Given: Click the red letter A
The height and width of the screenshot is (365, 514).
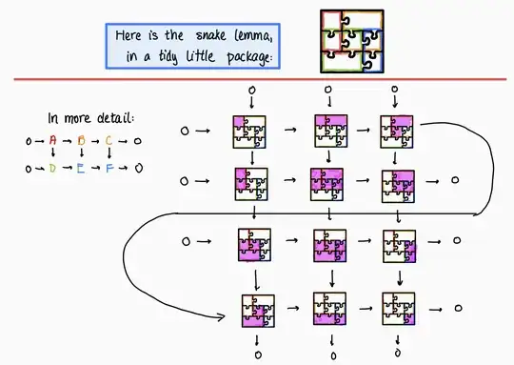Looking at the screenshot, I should (53, 142).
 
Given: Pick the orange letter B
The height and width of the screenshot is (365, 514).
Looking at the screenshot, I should (82, 142).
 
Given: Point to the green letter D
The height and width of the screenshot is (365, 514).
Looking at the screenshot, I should (53, 169).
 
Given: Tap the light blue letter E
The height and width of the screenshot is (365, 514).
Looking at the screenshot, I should (82, 169).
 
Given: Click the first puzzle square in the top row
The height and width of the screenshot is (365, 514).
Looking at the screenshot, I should (249, 131).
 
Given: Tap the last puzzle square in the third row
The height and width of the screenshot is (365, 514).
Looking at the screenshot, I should (399, 245).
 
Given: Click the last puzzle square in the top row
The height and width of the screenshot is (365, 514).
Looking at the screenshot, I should (398, 131).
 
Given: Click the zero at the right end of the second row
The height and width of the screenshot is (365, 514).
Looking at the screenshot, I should (456, 180).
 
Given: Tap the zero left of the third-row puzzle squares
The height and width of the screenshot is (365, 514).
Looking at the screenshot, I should (187, 243).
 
